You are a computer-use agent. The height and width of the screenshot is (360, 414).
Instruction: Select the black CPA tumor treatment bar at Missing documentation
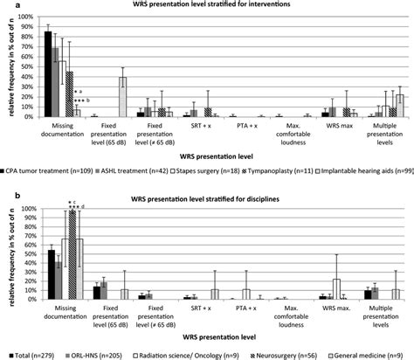(48, 74)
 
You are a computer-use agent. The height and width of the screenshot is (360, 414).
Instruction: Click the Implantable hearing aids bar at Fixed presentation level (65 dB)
(122, 97)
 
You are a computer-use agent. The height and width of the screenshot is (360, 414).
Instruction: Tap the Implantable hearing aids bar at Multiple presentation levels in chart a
(400, 106)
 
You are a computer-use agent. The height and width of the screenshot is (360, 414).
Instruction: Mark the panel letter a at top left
(5, 5)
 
